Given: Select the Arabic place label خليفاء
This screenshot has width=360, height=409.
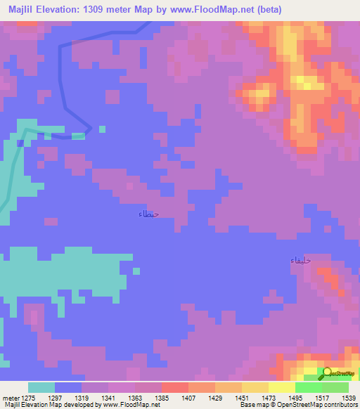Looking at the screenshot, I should [x=301, y=261].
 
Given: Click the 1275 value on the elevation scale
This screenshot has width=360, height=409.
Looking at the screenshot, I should [x=28, y=398].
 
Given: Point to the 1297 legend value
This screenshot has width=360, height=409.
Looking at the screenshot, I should [x=54, y=398].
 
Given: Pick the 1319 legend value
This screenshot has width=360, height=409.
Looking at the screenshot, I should [x=81, y=398].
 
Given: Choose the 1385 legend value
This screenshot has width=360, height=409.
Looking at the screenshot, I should [x=161, y=398].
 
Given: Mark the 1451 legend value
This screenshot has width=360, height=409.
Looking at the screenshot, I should [x=241, y=398].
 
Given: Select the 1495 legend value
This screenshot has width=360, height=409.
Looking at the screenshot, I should [x=295, y=398].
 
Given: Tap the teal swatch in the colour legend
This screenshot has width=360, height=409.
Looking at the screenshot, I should [x=41, y=387].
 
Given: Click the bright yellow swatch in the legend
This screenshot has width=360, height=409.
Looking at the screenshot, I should [x=281, y=387].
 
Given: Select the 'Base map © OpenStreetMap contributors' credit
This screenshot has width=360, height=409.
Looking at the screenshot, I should [x=297, y=405].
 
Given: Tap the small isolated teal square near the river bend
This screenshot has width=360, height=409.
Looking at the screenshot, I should [x=102, y=129].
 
